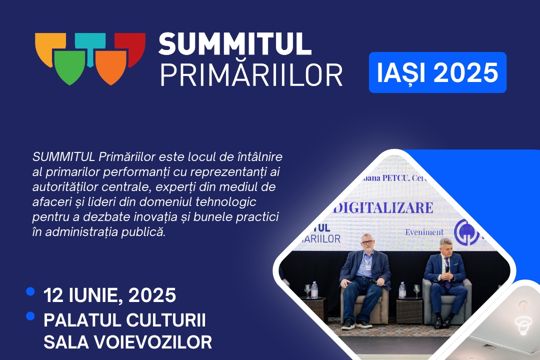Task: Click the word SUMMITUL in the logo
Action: [x=235, y=44]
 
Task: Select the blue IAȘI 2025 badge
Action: [x=437, y=72]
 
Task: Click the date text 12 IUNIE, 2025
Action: [x=110, y=295]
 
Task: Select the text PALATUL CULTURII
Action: [x=125, y=319]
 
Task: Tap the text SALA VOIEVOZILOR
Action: [x=127, y=342]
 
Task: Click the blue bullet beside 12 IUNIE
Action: [x=31, y=291]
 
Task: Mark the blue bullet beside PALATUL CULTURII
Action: [x=31, y=315]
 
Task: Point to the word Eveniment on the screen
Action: [x=424, y=232]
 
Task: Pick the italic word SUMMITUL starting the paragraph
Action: [x=63, y=157]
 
